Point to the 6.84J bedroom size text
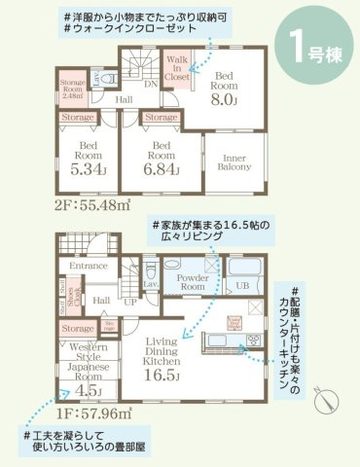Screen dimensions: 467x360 tap(162, 167)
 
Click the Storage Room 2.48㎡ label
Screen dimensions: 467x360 tap(75, 89)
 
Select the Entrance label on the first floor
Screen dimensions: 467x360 tap(87, 264)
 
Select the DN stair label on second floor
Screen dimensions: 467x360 tap(150, 85)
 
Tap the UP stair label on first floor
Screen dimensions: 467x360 tap(130, 303)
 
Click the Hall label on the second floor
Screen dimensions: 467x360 tap(124, 98)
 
